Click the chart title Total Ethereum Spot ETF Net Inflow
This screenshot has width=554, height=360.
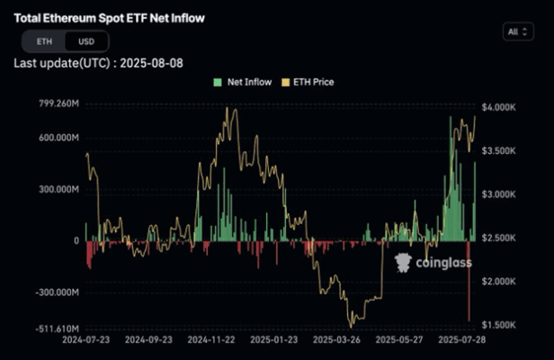(x=109, y=18)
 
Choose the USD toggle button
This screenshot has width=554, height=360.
(x=86, y=41)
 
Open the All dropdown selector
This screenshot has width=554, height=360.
(x=517, y=31)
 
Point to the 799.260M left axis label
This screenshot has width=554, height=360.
(x=55, y=104)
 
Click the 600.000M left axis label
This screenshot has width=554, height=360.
(x=55, y=138)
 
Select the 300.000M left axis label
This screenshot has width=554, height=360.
(x=55, y=190)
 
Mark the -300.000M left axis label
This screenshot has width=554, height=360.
(x=53, y=293)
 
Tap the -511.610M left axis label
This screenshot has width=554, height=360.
(x=53, y=329)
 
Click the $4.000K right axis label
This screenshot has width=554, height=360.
(x=499, y=107)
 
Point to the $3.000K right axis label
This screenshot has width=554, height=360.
(x=499, y=194)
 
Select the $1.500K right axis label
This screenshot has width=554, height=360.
(x=499, y=325)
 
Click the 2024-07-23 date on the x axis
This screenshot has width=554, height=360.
(x=87, y=341)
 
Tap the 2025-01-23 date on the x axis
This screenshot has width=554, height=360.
(x=273, y=341)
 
